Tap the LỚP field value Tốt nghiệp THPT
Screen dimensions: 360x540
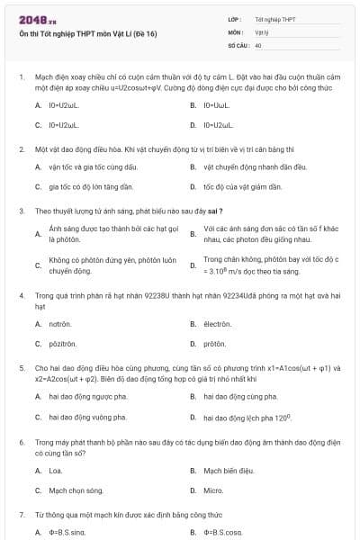tap(275, 19)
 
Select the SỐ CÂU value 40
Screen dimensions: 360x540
tap(258, 44)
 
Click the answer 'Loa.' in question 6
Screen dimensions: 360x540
tap(55, 471)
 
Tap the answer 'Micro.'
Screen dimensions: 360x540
tap(213, 490)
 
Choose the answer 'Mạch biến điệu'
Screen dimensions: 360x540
tap(229, 471)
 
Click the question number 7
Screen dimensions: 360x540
tap(21, 515)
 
